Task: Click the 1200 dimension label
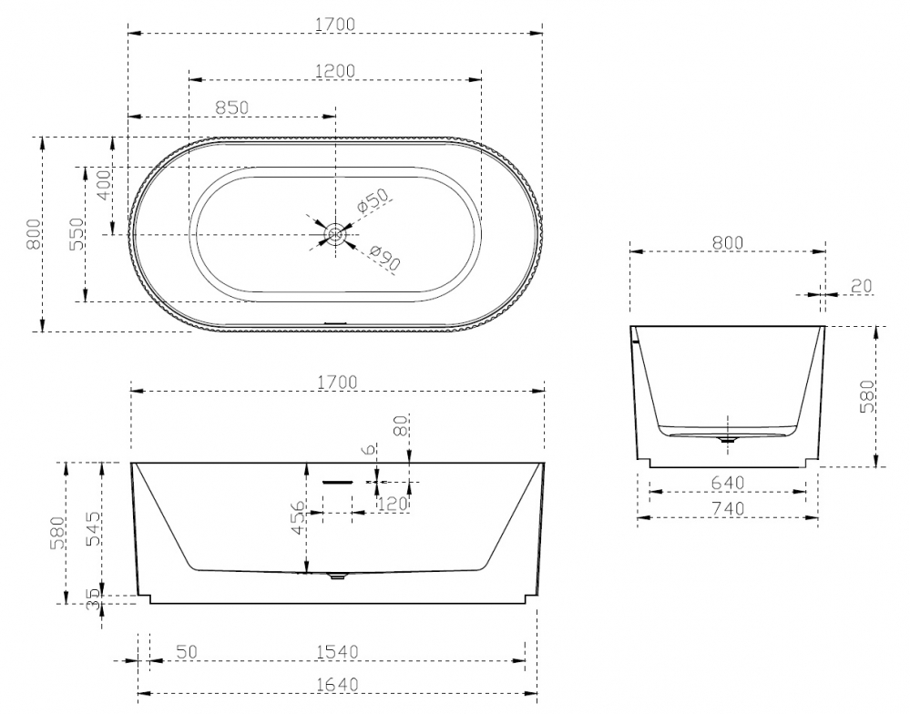pyautogui.click(x=334, y=70)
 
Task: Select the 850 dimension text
pyautogui.click(x=231, y=107)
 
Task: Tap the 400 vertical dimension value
pyautogui.click(x=103, y=186)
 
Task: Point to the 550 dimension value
pyautogui.click(x=77, y=233)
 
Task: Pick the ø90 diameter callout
pyautogui.click(x=385, y=259)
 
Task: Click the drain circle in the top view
pyautogui.click(x=336, y=234)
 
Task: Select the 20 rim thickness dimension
pyautogui.click(x=861, y=286)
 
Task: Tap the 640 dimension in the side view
pyautogui.click(x=727, y=482)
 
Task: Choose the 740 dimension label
pyautogui.click(x=727, y=507)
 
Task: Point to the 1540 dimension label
pyautogui.click(x=336, y=651)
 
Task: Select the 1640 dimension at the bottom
pyautogui.click(x=336, y=683)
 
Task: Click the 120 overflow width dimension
pyautogui.click(x=393, y=503)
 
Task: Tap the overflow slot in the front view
pyautogui.click(x=337, y=482)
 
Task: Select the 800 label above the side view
pyautogui.click(x=727, y=242)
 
